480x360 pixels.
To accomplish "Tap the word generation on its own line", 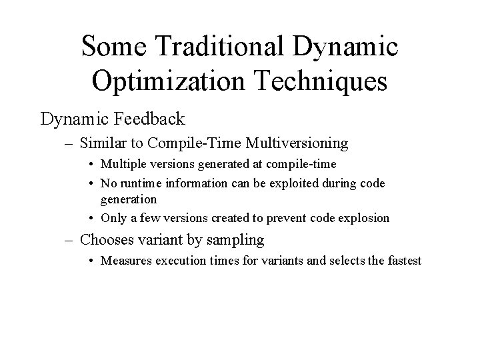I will coord(129,199).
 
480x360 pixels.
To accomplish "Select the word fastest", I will coord(403,261).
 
